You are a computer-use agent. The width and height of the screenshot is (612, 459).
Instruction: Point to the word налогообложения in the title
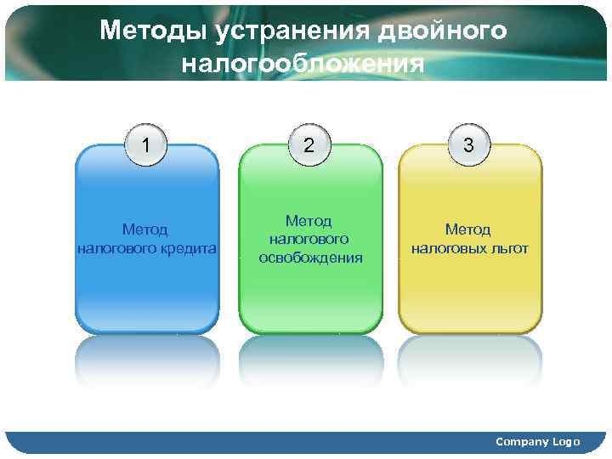click(x=303, y=65)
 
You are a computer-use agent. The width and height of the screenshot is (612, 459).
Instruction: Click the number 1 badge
click(x=148, y=144)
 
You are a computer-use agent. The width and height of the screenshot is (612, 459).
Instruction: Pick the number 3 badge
click(x=469, y=144)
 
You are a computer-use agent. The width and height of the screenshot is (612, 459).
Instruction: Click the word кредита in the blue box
click(x=192, y=249)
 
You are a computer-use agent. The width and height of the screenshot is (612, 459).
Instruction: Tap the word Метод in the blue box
click(x=144, y=229)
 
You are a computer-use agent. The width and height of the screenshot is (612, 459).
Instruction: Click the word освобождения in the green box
click(x=310, y=258)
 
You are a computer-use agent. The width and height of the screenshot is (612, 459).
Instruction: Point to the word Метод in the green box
click(x=309, y=220)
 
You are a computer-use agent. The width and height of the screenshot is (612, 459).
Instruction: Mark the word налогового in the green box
click(x=310, y=239)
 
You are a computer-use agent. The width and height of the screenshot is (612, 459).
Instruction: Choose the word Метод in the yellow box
click(x=468, y=229)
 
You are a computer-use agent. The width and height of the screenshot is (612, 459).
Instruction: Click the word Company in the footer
click(x=522, y=441)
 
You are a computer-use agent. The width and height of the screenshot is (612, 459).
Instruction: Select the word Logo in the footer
click(x=566, y=441)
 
